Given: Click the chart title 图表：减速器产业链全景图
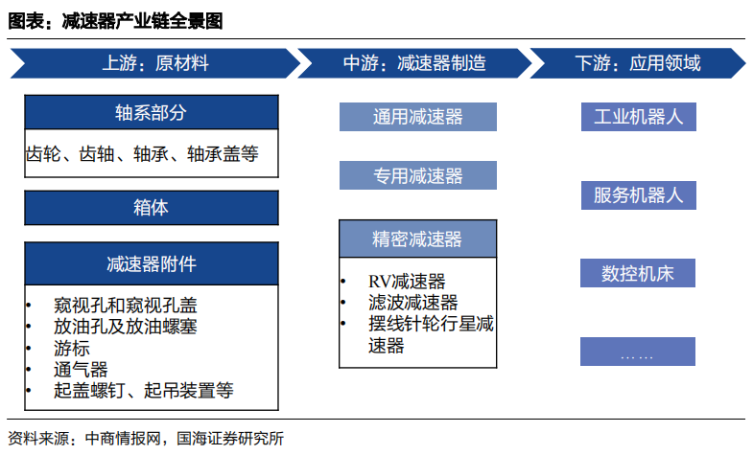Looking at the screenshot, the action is tap(115, 21).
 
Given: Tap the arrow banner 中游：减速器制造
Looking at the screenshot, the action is tap(414, 63).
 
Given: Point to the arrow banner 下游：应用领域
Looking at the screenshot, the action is tap(638, 63).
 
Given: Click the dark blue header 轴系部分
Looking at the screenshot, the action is tap(152, 113).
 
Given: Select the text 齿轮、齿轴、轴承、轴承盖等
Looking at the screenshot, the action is tap(142, 154).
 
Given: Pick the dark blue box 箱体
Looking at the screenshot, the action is tap(152, 208).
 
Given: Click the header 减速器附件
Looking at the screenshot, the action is tap(152, 263).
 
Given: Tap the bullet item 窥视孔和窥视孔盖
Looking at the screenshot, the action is tap(126, 306).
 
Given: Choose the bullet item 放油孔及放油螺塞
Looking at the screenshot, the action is tap(126, 327).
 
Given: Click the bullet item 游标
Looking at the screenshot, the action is tap(72, 348).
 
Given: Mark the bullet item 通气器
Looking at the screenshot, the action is tap(81, 369).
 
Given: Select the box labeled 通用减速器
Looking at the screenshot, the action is tap(418, 117).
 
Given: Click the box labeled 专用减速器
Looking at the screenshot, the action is tap(418, 175).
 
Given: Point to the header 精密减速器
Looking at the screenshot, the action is tap(418, 239).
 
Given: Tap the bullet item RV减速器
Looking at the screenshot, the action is tap(407, 282).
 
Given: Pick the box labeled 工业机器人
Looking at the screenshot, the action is tap(638, 117).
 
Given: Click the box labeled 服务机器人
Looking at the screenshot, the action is tap(638, 195).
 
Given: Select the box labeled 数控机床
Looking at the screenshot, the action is tap(638, 273).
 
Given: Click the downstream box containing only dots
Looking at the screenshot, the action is tap(638, 352).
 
